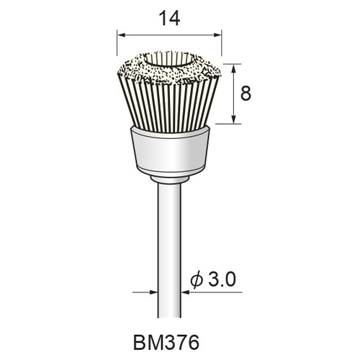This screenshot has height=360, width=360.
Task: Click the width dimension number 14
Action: [169, 19]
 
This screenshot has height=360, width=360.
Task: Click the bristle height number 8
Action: [246, 93]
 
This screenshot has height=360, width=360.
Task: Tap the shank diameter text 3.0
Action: [222, 279]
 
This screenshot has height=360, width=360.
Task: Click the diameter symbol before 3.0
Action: [197, 280]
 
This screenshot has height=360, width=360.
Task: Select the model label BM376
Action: [166, 343]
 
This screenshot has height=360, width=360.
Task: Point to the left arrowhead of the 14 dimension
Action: [121, 35]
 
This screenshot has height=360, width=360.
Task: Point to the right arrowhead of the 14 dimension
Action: [217, 35]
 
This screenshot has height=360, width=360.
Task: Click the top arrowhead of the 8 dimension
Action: [234, 68]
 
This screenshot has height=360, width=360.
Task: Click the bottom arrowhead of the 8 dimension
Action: [234, 120]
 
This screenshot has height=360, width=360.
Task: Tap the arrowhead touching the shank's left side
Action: [153, 292]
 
